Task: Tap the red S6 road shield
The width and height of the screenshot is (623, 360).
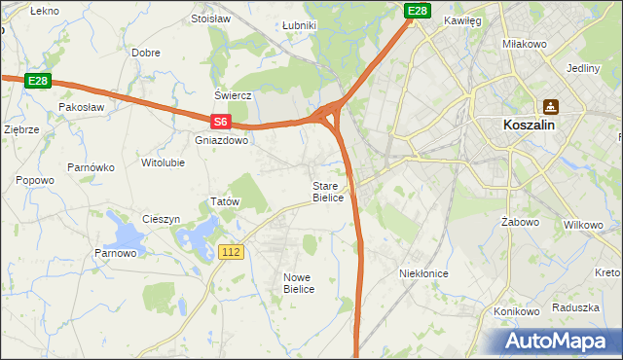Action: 221,122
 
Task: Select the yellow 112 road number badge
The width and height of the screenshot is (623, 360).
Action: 231,252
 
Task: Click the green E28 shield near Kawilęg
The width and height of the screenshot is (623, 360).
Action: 418,11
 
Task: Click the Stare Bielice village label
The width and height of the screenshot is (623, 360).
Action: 328,192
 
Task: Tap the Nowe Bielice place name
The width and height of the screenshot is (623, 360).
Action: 299,283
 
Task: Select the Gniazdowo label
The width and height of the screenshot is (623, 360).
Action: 222,140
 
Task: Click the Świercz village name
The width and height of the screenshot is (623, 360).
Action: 234,95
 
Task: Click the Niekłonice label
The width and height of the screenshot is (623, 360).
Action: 423,274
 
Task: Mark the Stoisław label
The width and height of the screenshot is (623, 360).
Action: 210,18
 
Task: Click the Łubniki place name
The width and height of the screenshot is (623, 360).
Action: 298,25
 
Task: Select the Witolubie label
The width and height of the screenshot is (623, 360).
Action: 163,162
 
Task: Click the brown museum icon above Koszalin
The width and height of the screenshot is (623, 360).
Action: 551,106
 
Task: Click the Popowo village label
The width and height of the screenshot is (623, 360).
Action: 35,180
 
